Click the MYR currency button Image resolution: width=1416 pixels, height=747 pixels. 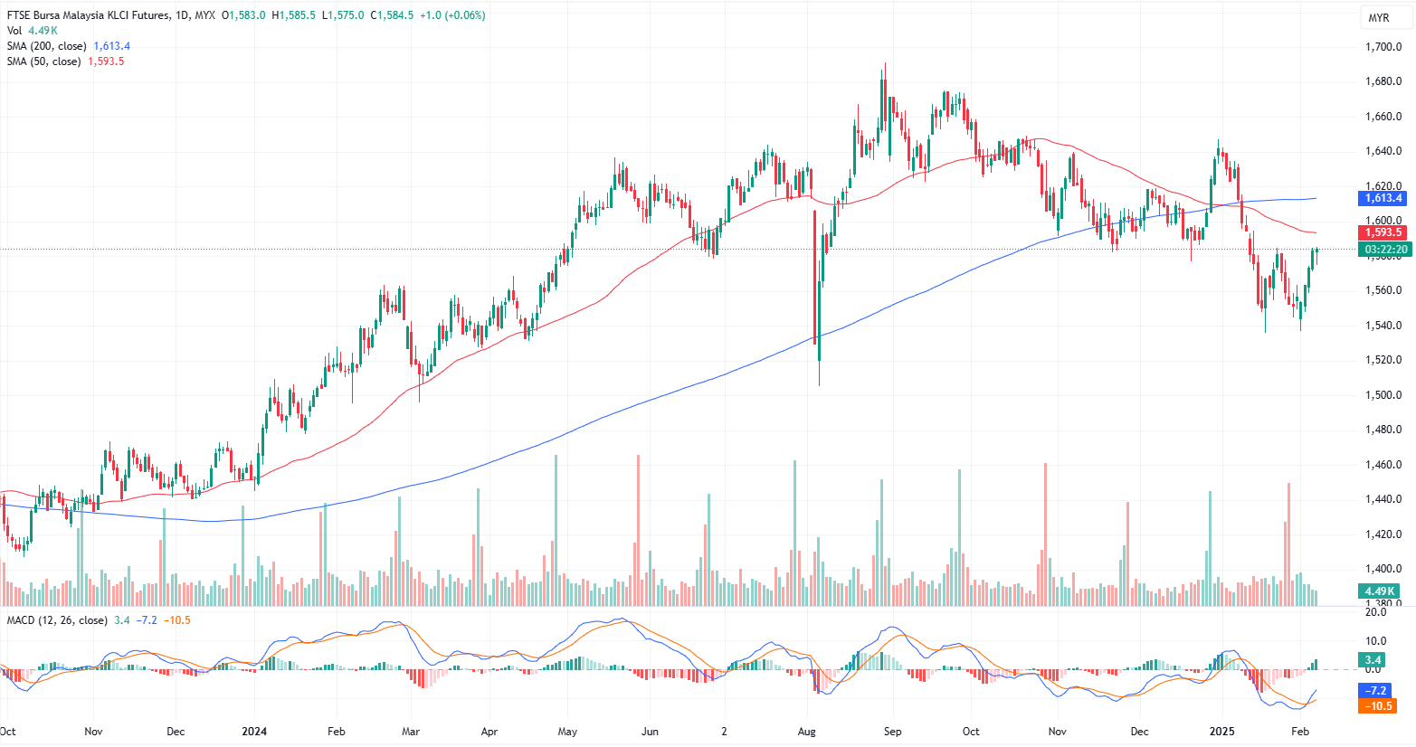pos(1379,18)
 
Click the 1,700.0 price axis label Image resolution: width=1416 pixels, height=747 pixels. pos(1383,47)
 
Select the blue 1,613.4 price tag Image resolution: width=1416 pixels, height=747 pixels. pos(1383,198)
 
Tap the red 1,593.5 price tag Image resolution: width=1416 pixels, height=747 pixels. pos(1383,232)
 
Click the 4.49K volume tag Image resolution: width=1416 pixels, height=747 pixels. pos(1380,591)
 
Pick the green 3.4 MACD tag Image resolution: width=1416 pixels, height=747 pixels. pos(1373,660)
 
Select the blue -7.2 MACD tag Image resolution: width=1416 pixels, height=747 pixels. pos(1375,691)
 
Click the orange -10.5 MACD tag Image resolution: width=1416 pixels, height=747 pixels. pos(1377,706)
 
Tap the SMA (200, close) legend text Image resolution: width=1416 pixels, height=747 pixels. pos(47,46)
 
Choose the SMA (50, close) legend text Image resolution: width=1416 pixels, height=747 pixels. pos(44,61)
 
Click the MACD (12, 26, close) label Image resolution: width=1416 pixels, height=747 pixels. pos(57,620)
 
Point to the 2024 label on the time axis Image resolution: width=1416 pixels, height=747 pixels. pos(254,731)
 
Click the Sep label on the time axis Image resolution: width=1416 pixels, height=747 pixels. pos(892,731)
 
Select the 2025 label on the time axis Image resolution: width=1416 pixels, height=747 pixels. pos(1222,731)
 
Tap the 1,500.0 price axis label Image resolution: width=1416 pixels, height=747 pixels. pos(1383,395)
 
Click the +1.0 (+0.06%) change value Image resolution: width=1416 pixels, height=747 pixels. pos(452,15)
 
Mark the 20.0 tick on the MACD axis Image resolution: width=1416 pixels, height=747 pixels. pos(1375,612)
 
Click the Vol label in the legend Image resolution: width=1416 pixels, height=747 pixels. pos(14,31)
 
